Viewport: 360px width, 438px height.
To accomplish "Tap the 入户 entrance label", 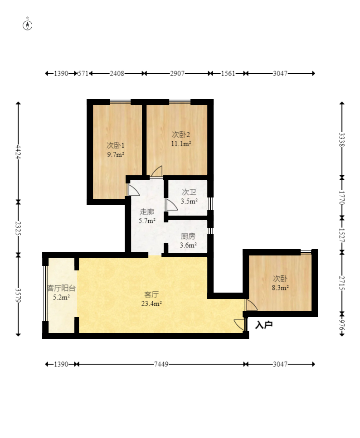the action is pyautogui.click(x=264, y=325).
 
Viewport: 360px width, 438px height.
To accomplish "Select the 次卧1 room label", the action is pyautogui.click(x=116, y=145).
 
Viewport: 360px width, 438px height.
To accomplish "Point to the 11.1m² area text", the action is pyautogui.click(x=181, y=144).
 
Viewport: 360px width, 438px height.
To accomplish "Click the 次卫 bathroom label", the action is pyautogui.click(x=189, y=192).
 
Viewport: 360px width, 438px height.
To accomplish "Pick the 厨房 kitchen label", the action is pyautogui.click(x=188, y=236).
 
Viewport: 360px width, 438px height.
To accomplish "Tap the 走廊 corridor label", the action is pyautogui.click(x=147, y=212).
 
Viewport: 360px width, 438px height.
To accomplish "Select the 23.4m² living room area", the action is pyautogui.click(x=151, y=303).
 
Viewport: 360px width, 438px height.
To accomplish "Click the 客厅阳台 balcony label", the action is pyautogui.click(x=61, y=288).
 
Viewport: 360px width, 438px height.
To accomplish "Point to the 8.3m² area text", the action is pyautogui.click(x=280, y=288).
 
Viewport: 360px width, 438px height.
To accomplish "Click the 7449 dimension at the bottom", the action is pyautogui.click(x=161, y=364).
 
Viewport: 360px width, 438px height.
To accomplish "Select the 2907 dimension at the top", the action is pyautogui.click(x=177, y=73).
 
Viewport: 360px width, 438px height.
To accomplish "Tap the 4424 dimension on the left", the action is pyautogui.click(x=18, y=152).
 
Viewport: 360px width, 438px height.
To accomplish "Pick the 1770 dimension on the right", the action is pyautogui.click(x=342, y=197).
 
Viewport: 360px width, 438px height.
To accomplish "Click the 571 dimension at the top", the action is pyautogui.click(x=83, y=73).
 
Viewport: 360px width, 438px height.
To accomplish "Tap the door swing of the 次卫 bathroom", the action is pyautogui.click(x=171, y=205).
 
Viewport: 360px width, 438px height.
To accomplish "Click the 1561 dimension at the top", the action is pyautogui.click(x=228, y=73).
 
